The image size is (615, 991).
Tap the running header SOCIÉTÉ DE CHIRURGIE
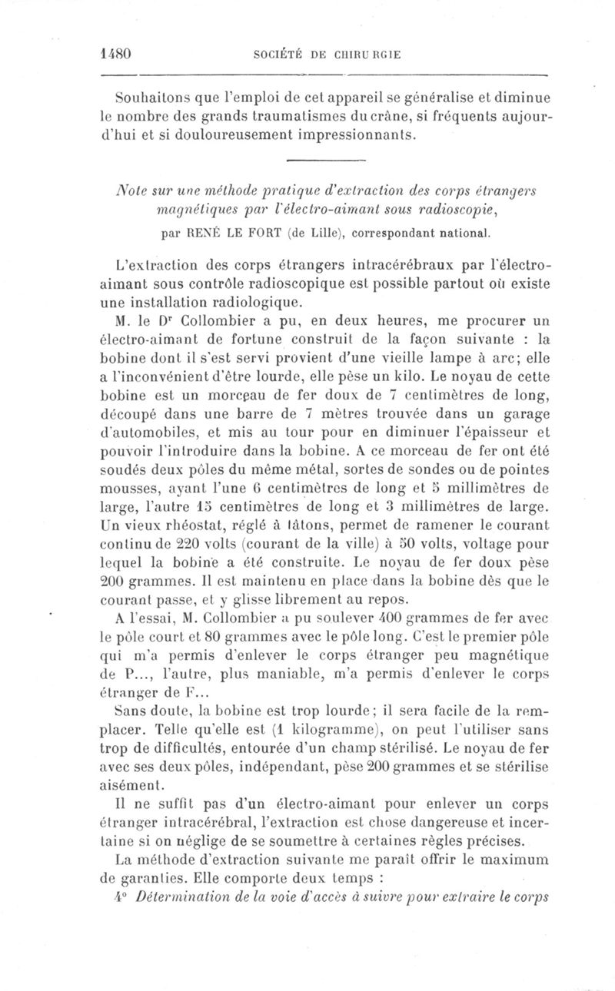[x=327, y=55]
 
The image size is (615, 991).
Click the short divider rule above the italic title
[x=323, y=159]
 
